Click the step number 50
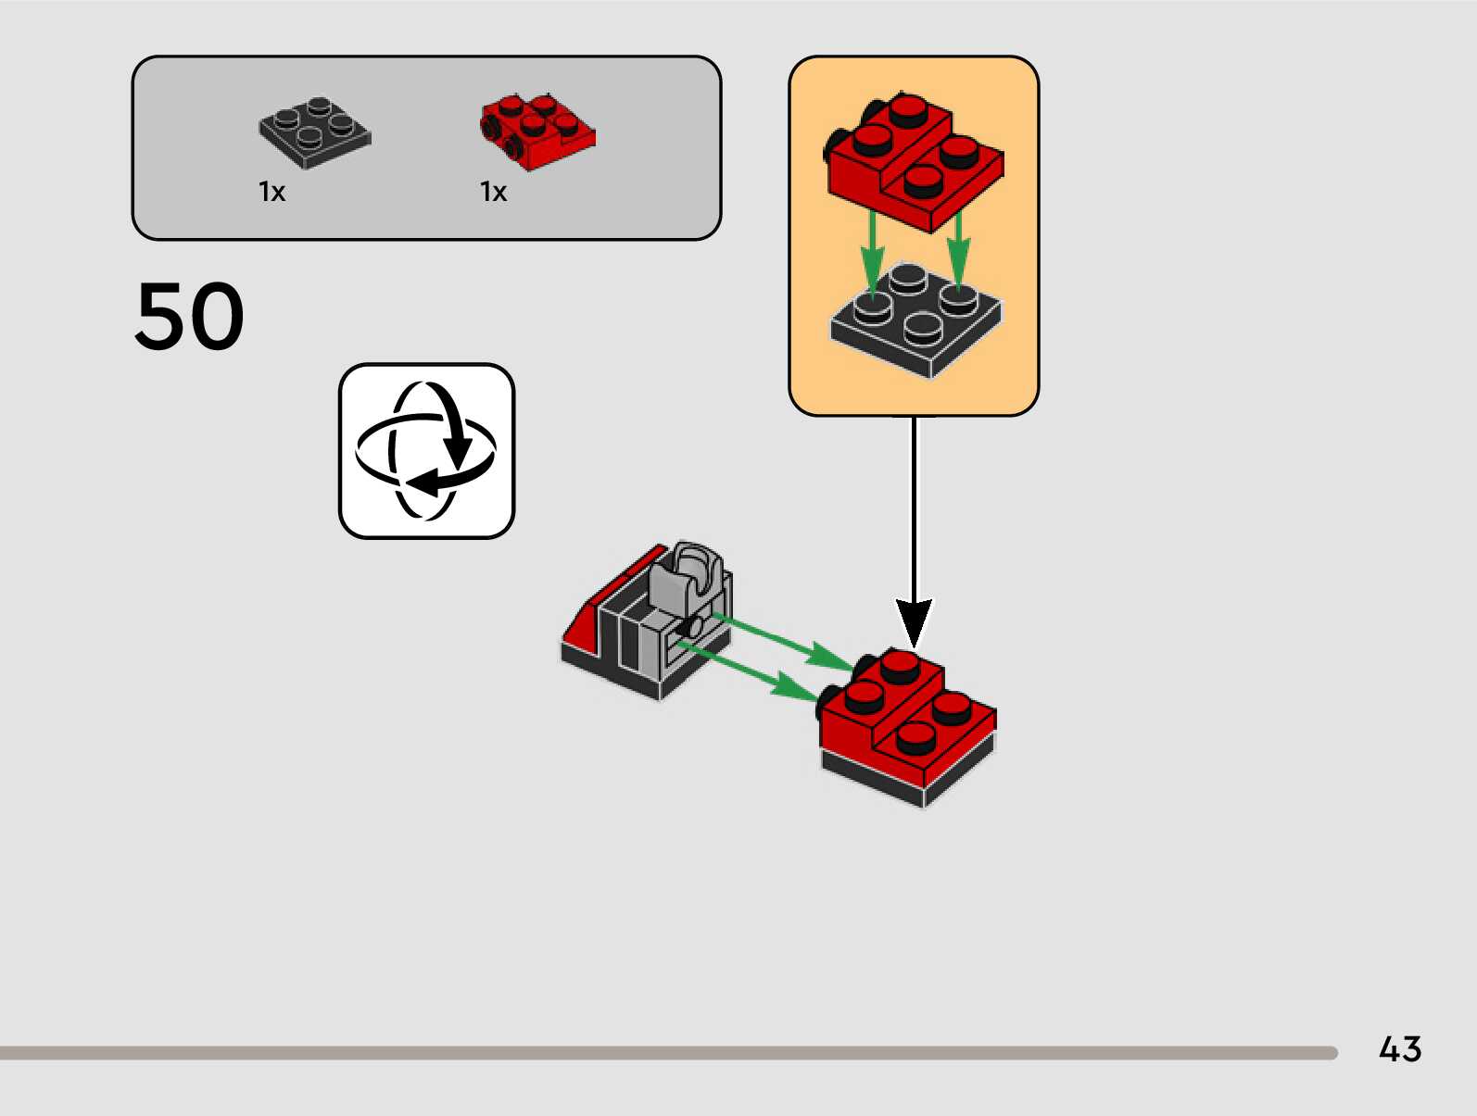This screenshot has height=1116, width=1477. point(190,317)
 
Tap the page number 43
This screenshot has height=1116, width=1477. point(1399,1049)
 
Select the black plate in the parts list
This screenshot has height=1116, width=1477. point(314,132)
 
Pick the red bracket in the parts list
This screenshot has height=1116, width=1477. point(537,132)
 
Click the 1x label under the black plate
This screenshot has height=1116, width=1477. point(271,192)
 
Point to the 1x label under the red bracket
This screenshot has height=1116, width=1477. point(493,192)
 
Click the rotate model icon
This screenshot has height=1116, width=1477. point(426,451)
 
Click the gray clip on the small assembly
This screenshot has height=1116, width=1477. point(688,574)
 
